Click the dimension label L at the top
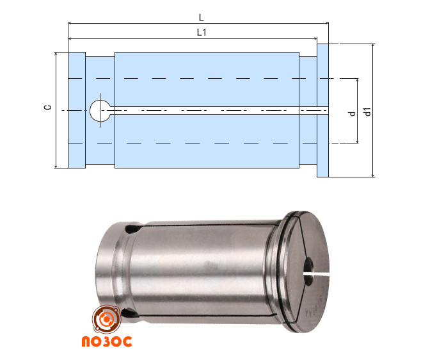point(202,18)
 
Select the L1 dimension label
point(202,33)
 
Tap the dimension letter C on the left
point(47,107)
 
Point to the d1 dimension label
point(367,111)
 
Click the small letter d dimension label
point(353,114)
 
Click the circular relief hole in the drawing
point(100,111)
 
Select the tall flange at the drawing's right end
point(322,111)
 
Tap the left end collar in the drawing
point(77,110)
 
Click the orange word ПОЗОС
point(107,341)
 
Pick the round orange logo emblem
point(107,319)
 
